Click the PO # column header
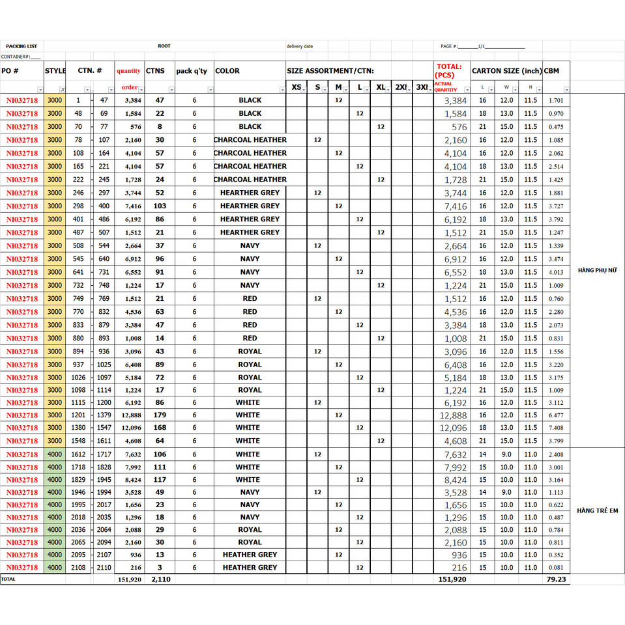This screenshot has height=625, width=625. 10,71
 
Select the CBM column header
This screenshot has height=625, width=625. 551,71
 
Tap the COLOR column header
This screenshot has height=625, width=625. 227,71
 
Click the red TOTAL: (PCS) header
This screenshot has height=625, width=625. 448,70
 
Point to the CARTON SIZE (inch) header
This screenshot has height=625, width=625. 506,71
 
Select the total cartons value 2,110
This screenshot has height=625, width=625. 160,579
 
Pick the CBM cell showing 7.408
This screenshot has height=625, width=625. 556,428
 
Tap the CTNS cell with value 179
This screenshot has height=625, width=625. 160,415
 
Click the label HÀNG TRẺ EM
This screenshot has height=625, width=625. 597,511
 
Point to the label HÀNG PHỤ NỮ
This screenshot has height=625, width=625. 597,270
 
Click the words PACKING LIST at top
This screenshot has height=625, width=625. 22,46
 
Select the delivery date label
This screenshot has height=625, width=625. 300,46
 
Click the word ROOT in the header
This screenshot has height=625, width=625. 164,46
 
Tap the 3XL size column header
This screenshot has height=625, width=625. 422,87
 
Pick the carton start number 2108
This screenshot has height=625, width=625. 78,568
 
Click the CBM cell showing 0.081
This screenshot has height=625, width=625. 556,568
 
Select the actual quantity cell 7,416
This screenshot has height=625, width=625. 456,206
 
